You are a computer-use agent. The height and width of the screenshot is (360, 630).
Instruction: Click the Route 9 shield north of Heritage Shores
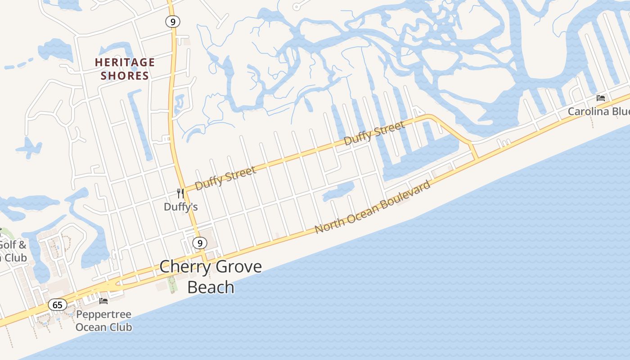tap(172, 21)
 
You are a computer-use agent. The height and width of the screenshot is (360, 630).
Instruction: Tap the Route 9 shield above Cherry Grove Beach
tap(199, 243)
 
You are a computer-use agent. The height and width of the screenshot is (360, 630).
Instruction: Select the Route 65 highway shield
tap(58, 305)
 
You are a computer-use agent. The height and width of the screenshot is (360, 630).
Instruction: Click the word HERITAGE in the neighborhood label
tap(125, 63)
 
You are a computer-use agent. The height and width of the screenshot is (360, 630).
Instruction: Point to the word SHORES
tap(125, 76)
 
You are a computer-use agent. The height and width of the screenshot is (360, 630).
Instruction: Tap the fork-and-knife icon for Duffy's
tap(180, 193)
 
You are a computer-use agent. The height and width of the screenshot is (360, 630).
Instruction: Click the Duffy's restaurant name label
tap(180, 207)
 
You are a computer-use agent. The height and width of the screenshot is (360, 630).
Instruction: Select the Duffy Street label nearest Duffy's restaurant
tap(226, 177)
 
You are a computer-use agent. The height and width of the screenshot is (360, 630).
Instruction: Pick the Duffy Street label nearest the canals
tap(374, 133)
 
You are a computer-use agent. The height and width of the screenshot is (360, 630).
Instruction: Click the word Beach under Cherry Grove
tap(211, 287)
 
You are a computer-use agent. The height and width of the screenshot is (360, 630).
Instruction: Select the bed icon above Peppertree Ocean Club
tap(103, 301)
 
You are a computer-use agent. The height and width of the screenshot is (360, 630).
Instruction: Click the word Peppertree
tap(103, 314)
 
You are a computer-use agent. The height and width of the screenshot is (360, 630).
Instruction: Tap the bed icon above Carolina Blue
tap(600, 98)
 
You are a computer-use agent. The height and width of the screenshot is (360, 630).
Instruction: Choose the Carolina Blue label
tap(598, 111)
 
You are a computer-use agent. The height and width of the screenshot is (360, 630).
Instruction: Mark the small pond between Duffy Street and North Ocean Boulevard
tap(338, 191)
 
